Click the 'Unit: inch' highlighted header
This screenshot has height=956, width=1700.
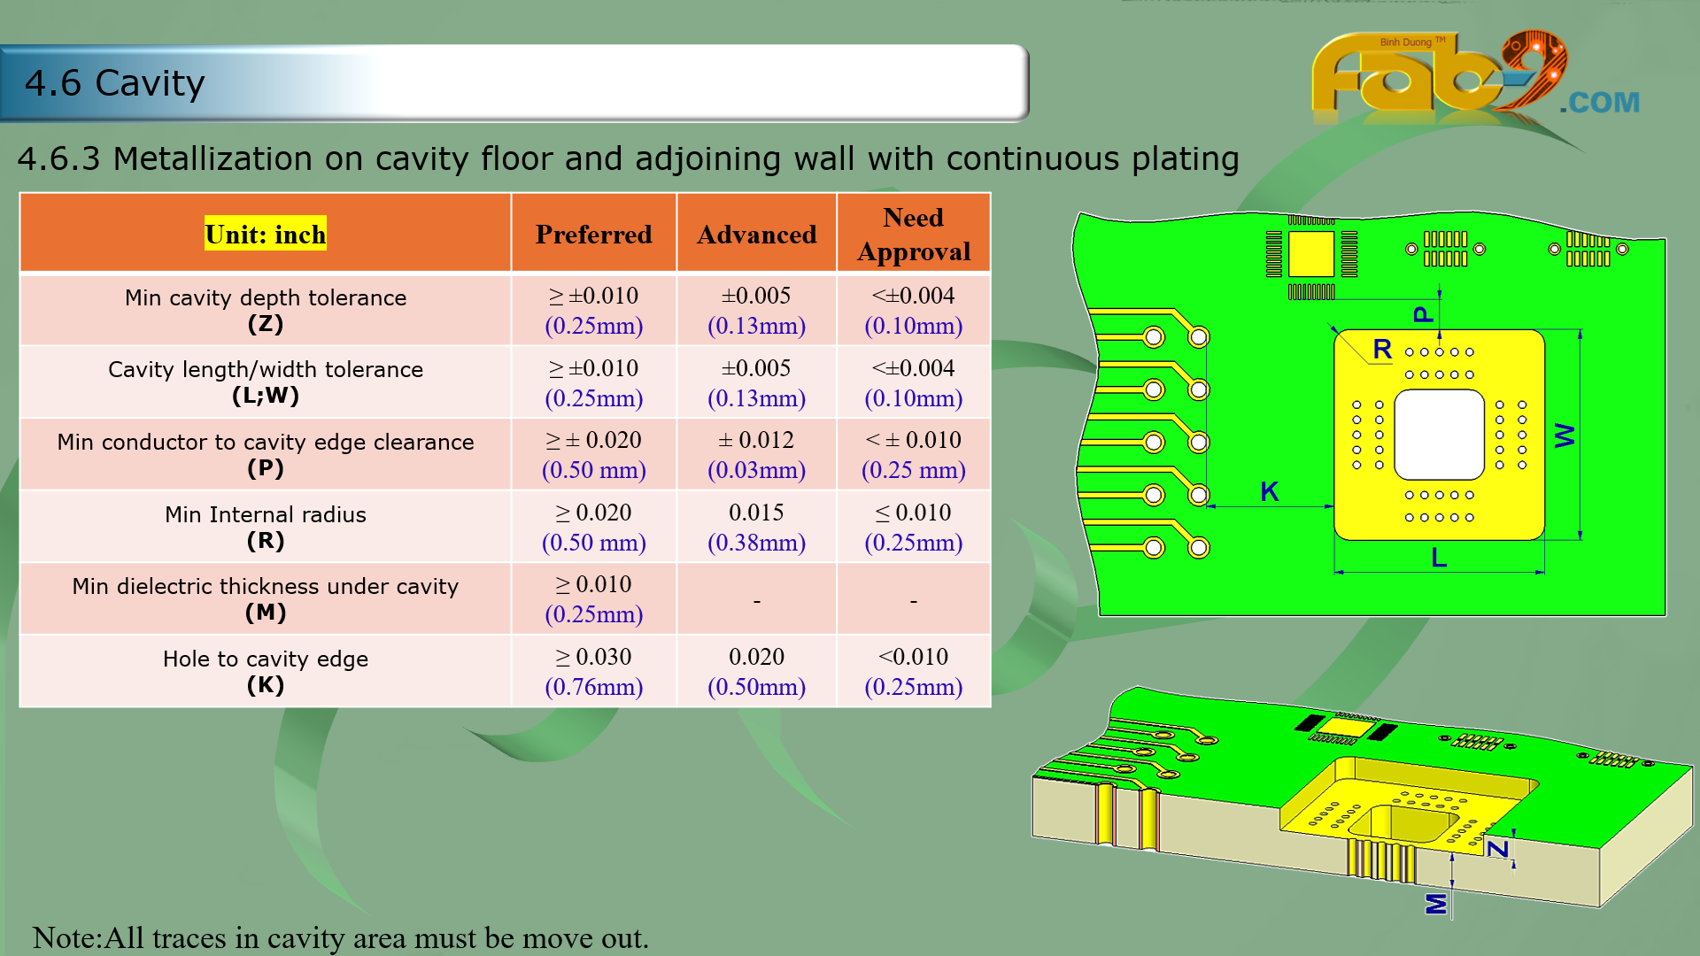click(266, 234)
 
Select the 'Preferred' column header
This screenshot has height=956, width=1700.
click(593, 235)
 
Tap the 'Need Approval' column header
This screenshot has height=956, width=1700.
click(914, 235)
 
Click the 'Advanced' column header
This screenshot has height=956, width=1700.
click(756, 235)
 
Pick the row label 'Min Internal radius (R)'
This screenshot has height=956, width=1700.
click(266, 527)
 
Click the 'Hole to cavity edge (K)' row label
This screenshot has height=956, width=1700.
click(266, 671)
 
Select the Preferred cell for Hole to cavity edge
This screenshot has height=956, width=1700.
click(593, 671)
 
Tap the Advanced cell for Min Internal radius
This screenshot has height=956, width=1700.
click(756, 527)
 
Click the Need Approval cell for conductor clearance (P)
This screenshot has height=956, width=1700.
click(914, 454)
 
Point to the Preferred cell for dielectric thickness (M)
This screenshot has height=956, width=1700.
click(593, 599)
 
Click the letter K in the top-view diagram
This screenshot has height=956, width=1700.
click(1270, 491)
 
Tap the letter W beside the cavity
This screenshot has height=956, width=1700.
click(1565, 435)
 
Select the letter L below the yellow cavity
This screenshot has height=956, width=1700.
click(1439, 558)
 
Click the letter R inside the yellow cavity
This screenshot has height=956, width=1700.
click(1382, 349)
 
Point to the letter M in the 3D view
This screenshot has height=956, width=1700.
click(1436, 904)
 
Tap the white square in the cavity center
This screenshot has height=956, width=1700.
click(1439, 435)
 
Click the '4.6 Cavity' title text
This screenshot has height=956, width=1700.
click(115, 83)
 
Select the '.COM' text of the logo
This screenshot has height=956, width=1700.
click(1600, 103)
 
